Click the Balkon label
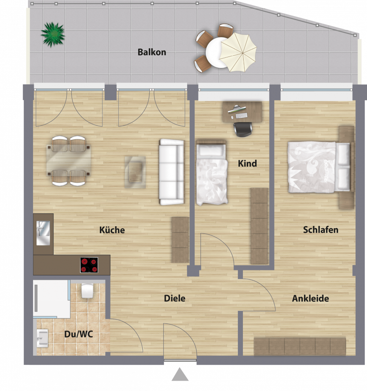click(x=152, y=52)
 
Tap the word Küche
click(x=112, y=230)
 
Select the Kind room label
click(x=247, y=163)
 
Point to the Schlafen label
click(x=321, y=230)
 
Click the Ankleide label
click(x=310, y=298)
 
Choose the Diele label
click(x=175, y=298)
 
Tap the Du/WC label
click(x=79, y=334)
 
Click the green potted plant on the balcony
click(x=53, y=35)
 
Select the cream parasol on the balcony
click(x=238, y=52)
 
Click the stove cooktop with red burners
click(x=89, y=265)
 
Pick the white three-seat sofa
click(x=172, y=172)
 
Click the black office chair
click(x=243, y=129)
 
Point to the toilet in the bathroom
click(x=87, y=290)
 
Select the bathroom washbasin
click(x=43, y=338)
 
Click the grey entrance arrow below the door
click(x=180, y=374)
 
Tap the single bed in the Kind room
click(x=212, y=173)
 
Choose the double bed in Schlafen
click(x=319, y=167)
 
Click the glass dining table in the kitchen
click(x=69, y=160)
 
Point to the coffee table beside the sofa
click(x=135, y=172)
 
